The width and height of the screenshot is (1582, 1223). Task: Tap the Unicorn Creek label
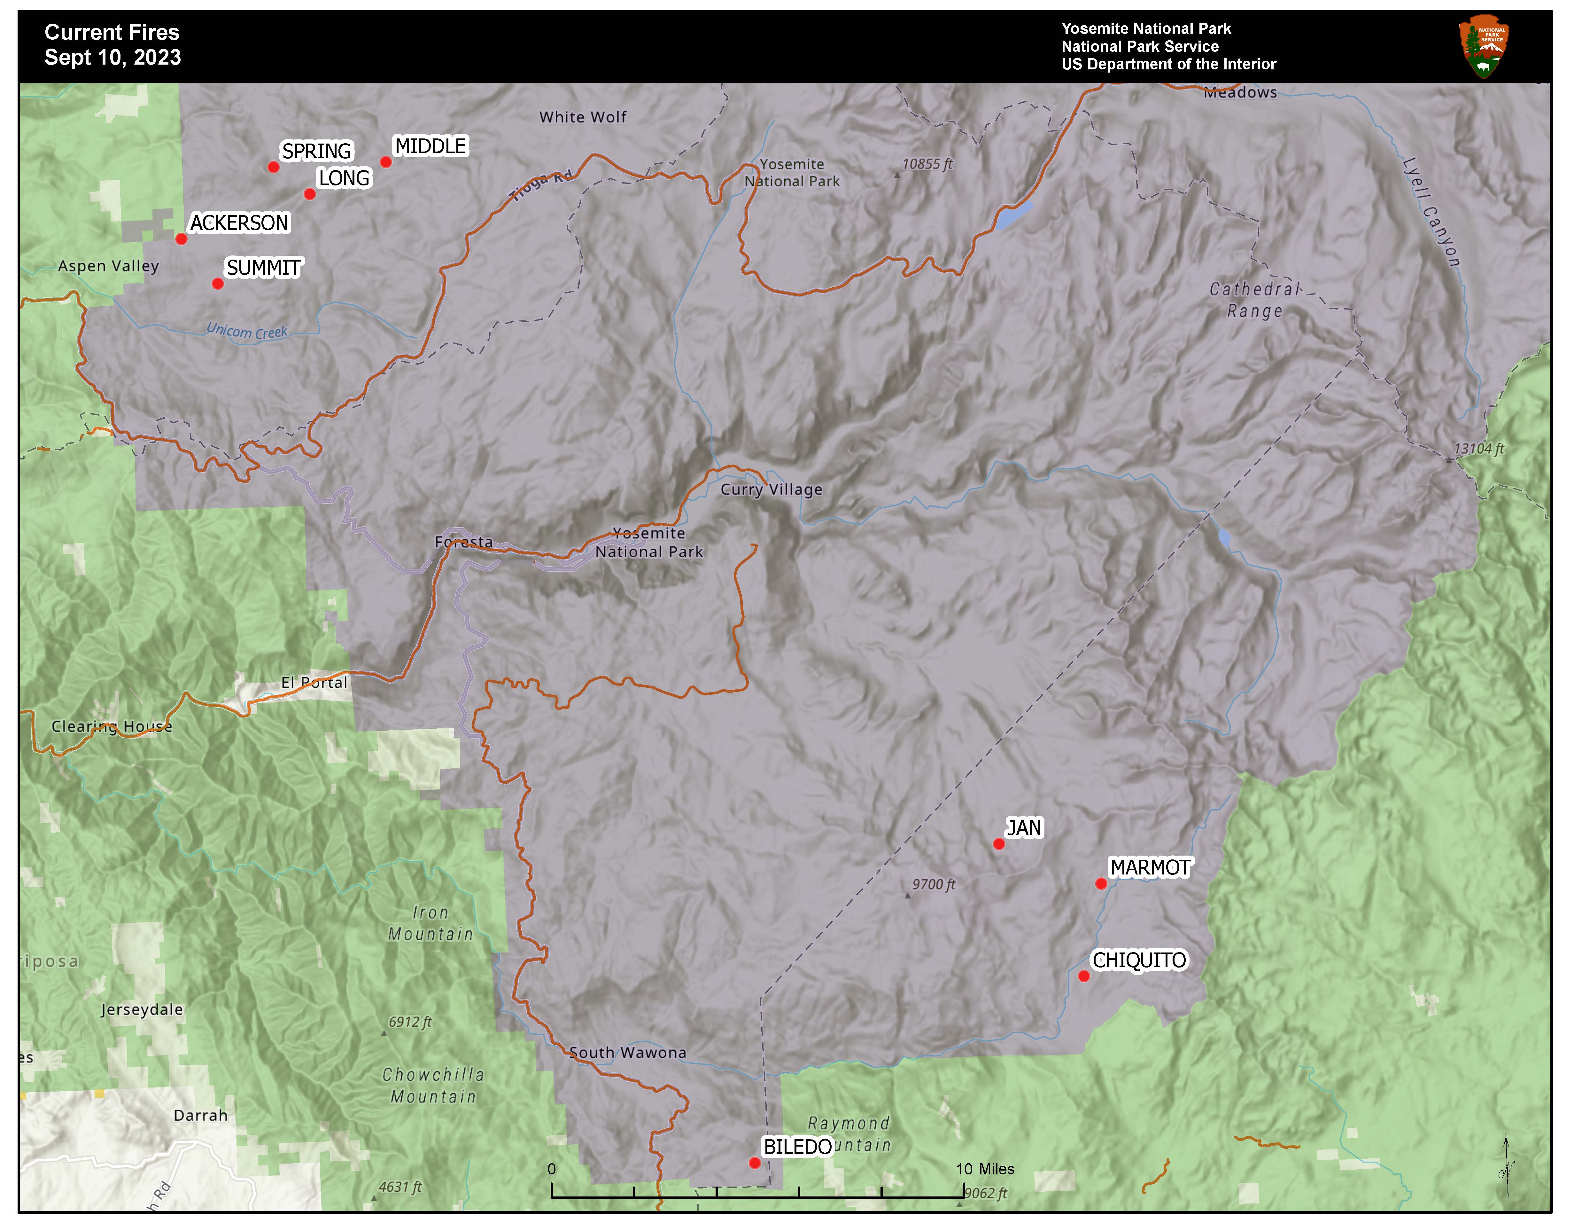247,331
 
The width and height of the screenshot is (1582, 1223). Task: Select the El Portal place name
314,683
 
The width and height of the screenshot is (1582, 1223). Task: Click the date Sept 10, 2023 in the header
112,57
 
